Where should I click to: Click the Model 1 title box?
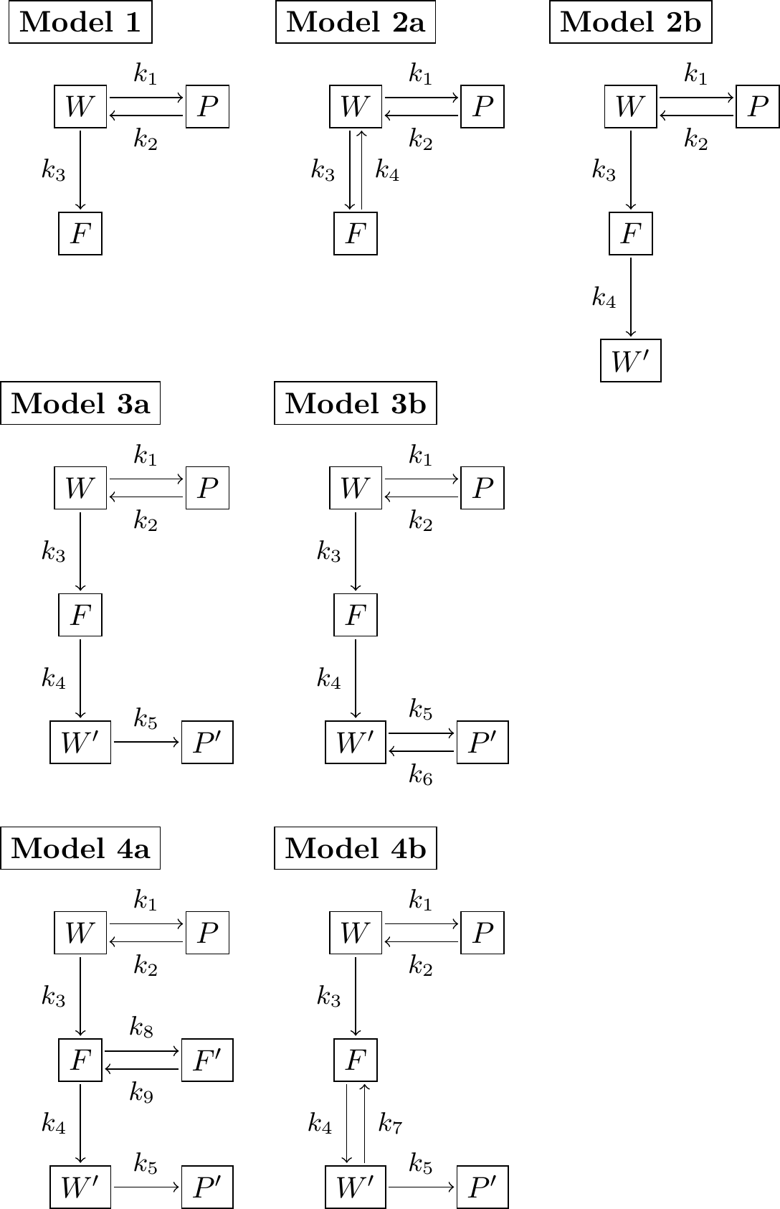point(80,22)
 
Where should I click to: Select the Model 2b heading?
point(631,22)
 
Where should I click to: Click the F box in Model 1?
point(80,234)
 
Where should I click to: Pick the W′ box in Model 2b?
point(631,360)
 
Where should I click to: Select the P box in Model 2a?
point(482,106)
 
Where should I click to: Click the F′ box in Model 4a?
point(207,1060)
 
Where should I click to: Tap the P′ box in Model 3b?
point(482,742)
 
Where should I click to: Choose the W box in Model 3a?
point(80,488)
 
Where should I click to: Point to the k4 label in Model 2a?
point(387,171)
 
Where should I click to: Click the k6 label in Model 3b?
point(421,775)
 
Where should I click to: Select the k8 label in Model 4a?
point(141,1027)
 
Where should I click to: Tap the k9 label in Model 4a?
point(141,1092)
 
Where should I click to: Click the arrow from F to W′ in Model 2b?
point(631,297)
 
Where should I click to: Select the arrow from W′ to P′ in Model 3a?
point(146,742)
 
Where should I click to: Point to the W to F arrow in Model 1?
point(80,170)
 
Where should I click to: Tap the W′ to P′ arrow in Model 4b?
point(422,1187)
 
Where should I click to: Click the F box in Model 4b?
point(356,1060)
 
